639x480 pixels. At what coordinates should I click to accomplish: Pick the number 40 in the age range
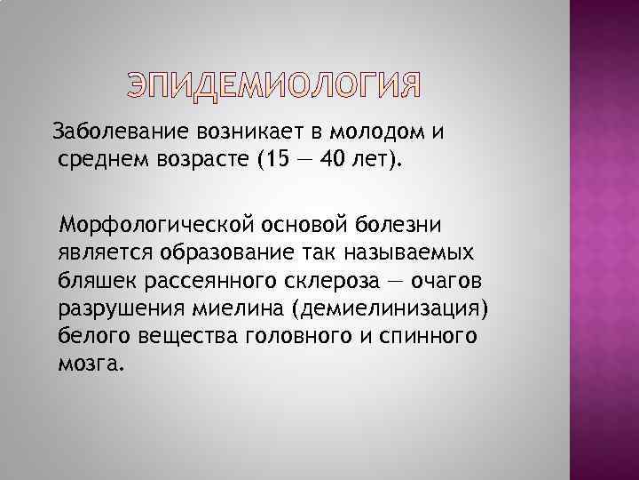328,162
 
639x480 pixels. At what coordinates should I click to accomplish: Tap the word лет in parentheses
373,162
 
